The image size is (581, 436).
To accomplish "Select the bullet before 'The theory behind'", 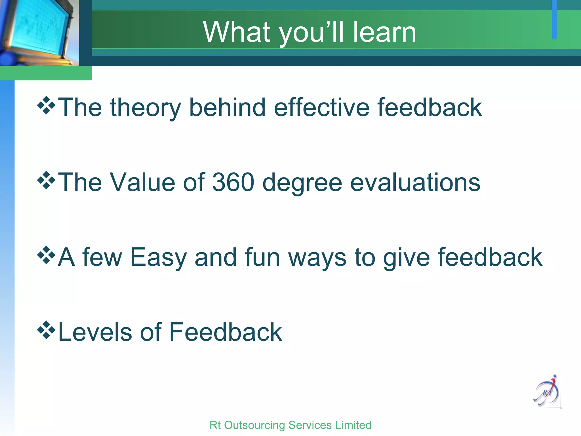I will point(46,105).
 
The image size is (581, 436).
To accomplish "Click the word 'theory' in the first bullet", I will point(145,108).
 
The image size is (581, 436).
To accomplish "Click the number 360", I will point(233,182).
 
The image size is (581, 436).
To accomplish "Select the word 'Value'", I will point(142,182).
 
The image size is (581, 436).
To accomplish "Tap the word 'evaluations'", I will point(415,182).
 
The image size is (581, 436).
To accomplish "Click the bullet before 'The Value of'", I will point(46,180).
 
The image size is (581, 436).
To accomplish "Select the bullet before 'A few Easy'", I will point(46,255).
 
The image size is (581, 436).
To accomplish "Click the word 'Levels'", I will point(95,332).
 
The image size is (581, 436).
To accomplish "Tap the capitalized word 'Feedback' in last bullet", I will point(226,332).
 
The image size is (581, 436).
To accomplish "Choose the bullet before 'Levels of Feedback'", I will point(46,330).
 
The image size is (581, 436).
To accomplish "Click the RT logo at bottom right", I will point(547,392).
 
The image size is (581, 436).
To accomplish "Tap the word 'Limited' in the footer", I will point(353,425).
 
